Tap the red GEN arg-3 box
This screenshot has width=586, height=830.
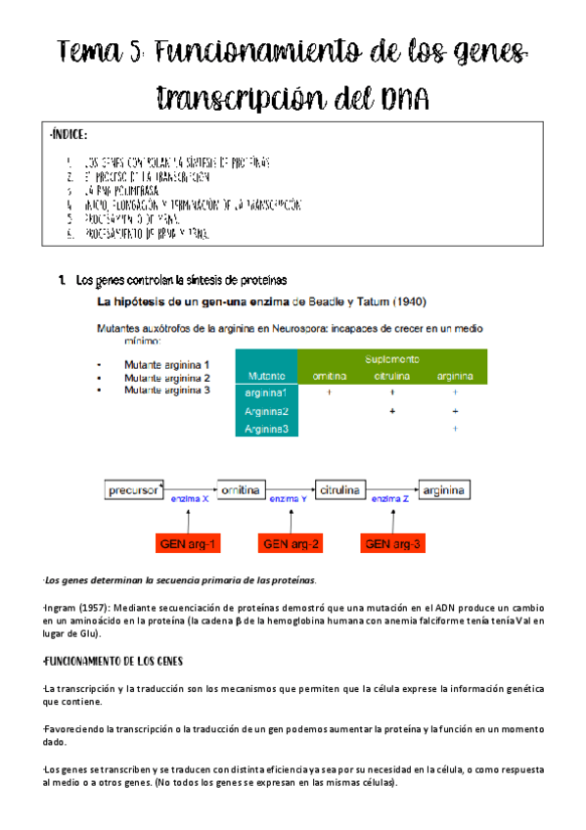(x=391, y=543)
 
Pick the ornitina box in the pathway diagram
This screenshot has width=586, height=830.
(x=239, y=488)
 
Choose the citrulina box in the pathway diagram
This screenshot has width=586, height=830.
(x=344, y=488)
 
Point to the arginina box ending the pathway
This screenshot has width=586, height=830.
(x=450, y=488)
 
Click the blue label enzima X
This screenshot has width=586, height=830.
(x=190, y=499)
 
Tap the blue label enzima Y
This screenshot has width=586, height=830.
(x=289, y=499)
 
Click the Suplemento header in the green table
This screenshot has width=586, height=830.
(x=392, y=359)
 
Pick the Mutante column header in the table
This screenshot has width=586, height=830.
(x=267, y=376)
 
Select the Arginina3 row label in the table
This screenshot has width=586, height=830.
(x=267, y=429)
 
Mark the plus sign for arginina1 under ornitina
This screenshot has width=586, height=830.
(x=329, y=392)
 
